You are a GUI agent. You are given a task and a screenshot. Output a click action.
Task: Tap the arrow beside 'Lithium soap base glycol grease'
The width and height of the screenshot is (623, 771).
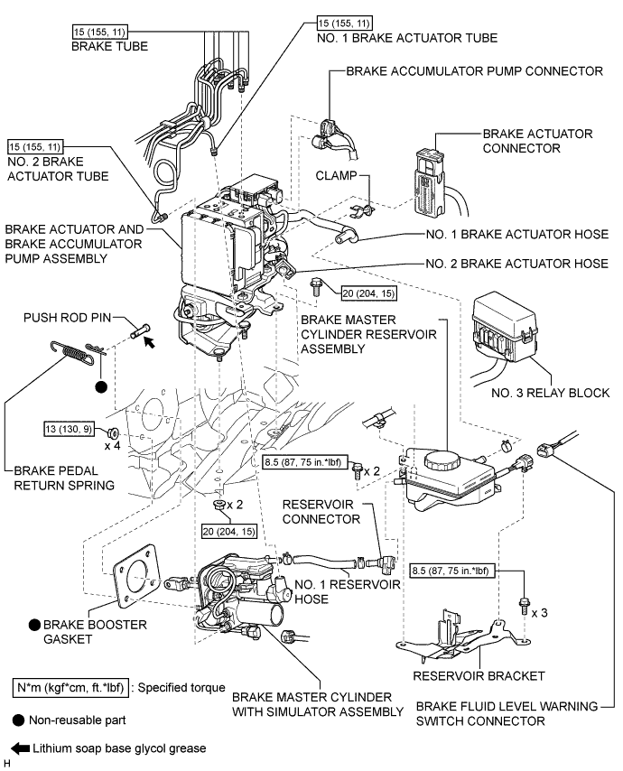(18, 748)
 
